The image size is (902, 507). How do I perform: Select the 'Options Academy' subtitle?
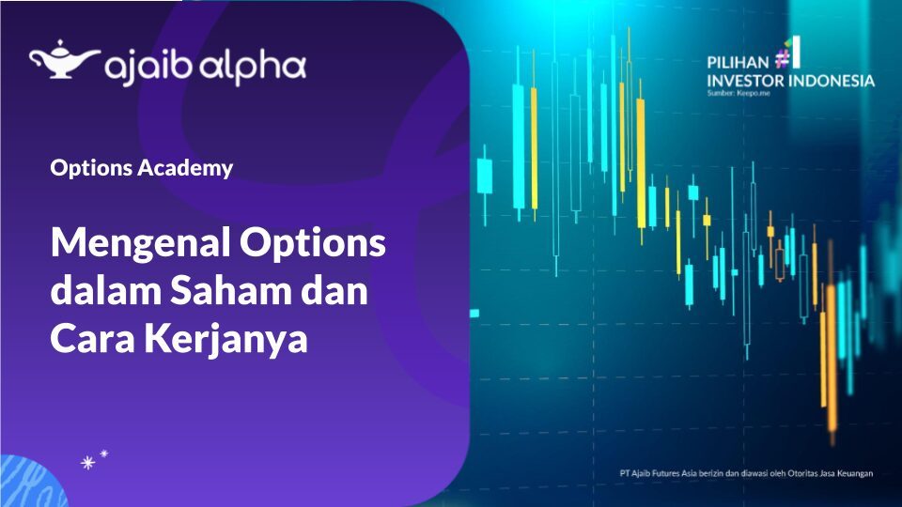pos(142,169)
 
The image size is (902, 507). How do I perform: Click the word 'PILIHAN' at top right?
pos(738,63)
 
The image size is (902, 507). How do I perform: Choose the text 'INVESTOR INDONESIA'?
pos(790,82)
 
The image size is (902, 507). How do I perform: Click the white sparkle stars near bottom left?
pos(94,460)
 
